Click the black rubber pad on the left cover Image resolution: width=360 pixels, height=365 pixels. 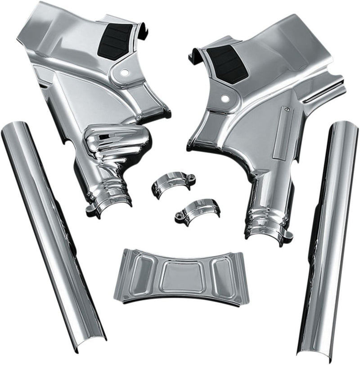click(x=115, y=41)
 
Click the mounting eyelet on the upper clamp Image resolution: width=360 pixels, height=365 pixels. click(x=191, y=177)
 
